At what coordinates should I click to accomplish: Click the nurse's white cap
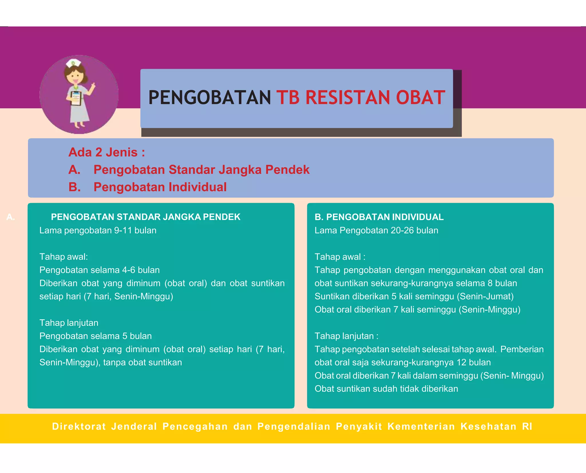coord(73,63)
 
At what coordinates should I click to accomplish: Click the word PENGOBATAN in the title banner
coord(209,97)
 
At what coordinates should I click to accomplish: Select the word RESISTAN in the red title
coord(347,97)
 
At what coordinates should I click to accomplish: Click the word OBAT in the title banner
coord(420,97)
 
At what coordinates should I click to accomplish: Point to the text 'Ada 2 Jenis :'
coord(106,152)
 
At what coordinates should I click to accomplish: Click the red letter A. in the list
coord(74,170)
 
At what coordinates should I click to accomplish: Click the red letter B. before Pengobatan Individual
coord(74,187)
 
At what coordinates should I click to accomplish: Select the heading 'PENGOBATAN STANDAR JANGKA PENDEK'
coord(145,217)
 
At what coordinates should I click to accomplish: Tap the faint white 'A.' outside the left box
coord(11,217)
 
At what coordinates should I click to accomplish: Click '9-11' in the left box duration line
coord(123,230)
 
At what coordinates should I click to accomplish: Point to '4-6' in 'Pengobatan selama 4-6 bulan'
coord(128,270)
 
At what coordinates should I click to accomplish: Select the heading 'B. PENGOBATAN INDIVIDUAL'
coord(379,217)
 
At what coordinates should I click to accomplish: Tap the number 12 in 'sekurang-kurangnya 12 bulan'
coord(461,362)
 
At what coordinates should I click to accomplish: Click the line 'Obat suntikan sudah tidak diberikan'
coord(386,389)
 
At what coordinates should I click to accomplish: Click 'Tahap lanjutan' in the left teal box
coord(69,323)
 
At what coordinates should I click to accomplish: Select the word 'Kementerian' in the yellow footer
coord(421,426)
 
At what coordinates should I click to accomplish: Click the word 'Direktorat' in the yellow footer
coord(79,426)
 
